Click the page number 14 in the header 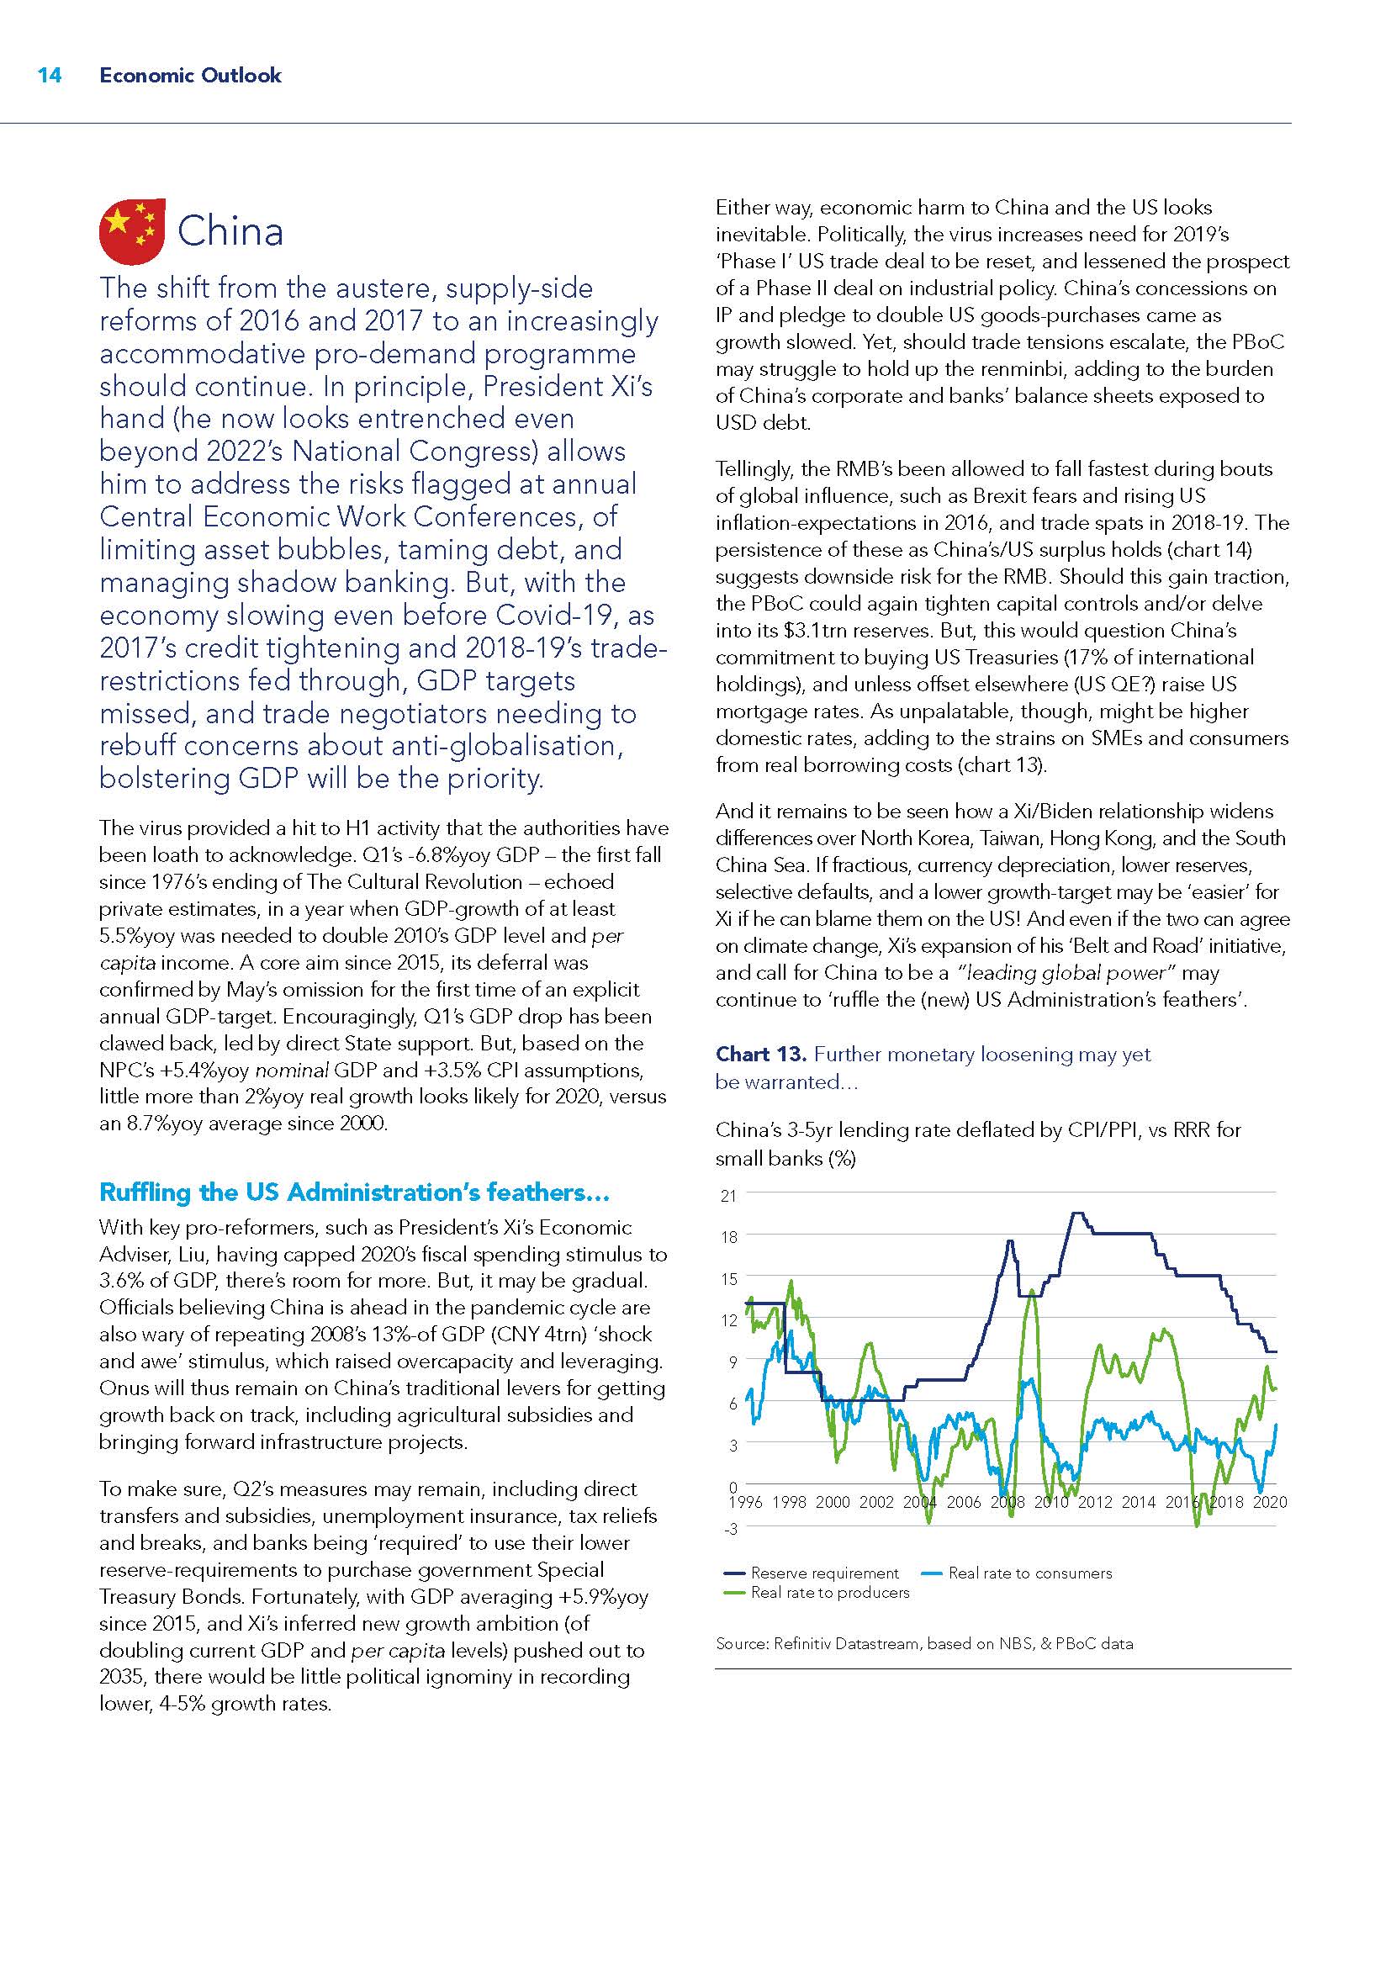(x=50, y=76)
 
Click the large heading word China (x=230, y=231)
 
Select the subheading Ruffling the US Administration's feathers (x=354, y=1192)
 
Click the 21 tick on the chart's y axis (x=728, y=1196)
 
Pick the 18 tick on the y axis (x=728, y=1237)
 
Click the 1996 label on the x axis (x=745, y=1502)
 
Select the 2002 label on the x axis (x=876, y=1502)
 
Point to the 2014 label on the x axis (x=1139, y=1502)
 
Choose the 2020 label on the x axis (x=1269, y=1502)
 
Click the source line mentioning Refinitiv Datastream (x=924, y=1643)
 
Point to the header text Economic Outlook (x=190, y=76)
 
